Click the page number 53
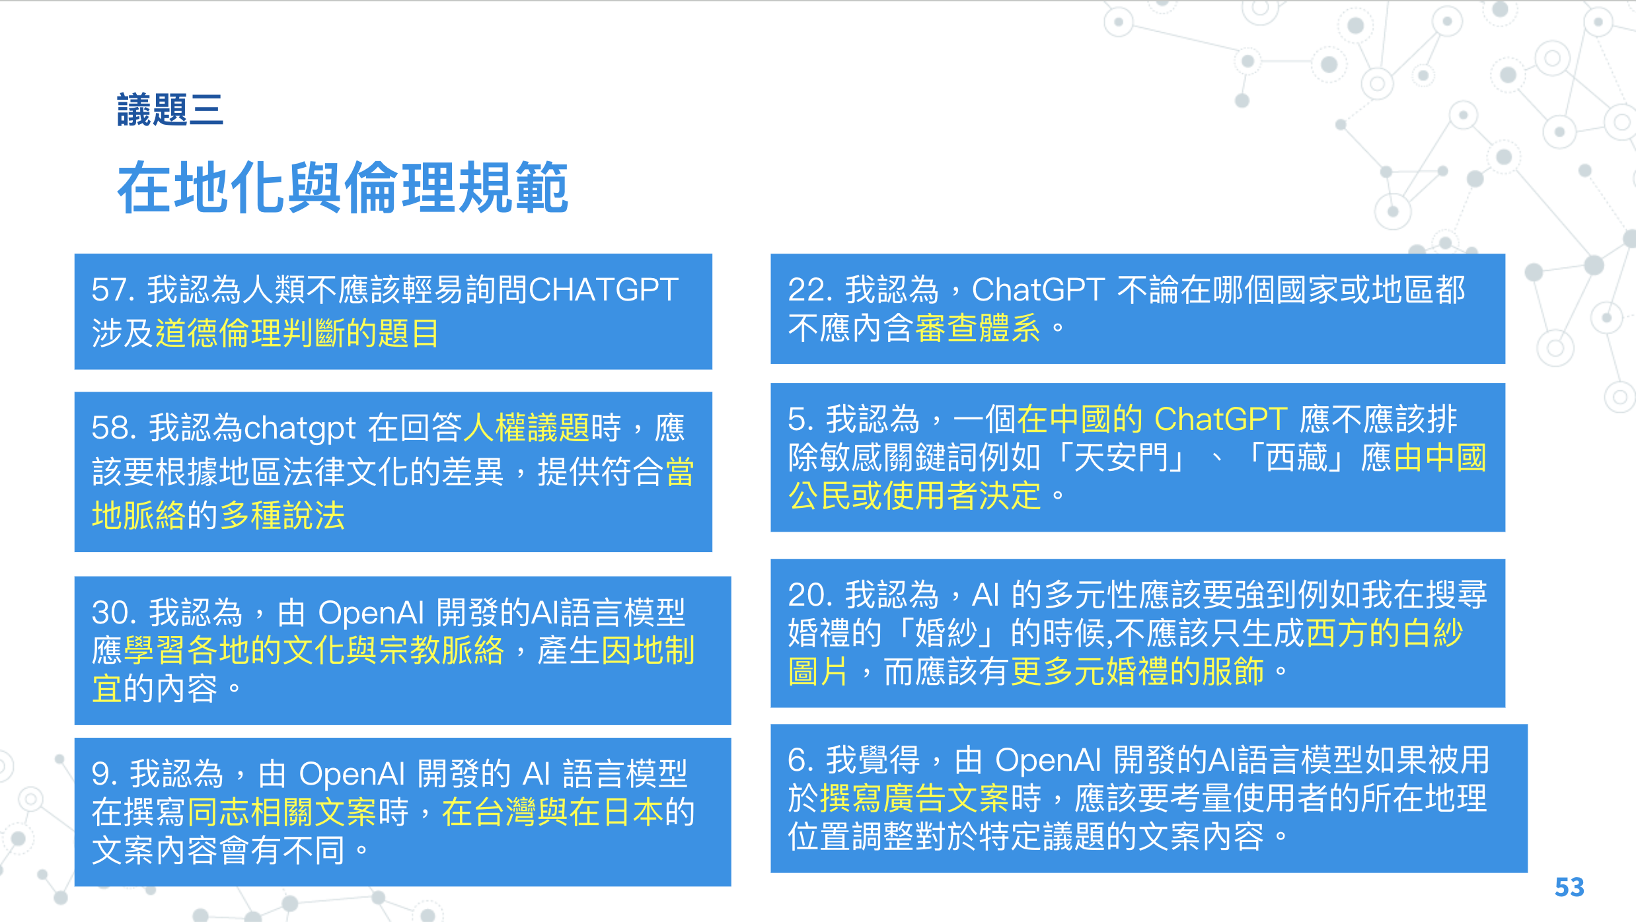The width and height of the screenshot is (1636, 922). [x=1569, y=887]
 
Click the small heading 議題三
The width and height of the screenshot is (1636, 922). [x=170, y=110]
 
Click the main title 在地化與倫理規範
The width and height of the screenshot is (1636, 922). [x=343, y=188]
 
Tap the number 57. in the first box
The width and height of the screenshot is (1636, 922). [x=113, y=290]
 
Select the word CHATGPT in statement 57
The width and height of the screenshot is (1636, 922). [x=603, y=290]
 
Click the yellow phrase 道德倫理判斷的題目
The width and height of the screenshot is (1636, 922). [x=297, y=332]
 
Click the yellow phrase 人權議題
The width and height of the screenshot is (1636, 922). [x=527, y=427]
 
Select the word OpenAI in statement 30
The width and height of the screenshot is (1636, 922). [x=371, y=613]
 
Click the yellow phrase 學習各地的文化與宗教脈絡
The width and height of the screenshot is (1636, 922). [x=314, y=651]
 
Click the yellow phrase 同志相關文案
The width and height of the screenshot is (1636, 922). [x=282, y=812]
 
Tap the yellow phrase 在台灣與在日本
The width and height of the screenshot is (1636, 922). [x=552, y=812]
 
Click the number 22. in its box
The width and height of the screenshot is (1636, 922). [x=811, y=290]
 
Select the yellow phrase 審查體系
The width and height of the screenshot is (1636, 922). [x=978, y=328]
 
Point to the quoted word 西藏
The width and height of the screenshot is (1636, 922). [x=1296, y=458]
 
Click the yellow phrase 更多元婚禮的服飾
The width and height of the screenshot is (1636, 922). [x=1137, y=672]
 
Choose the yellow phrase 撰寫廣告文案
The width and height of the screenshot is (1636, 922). [x=914, y=798]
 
